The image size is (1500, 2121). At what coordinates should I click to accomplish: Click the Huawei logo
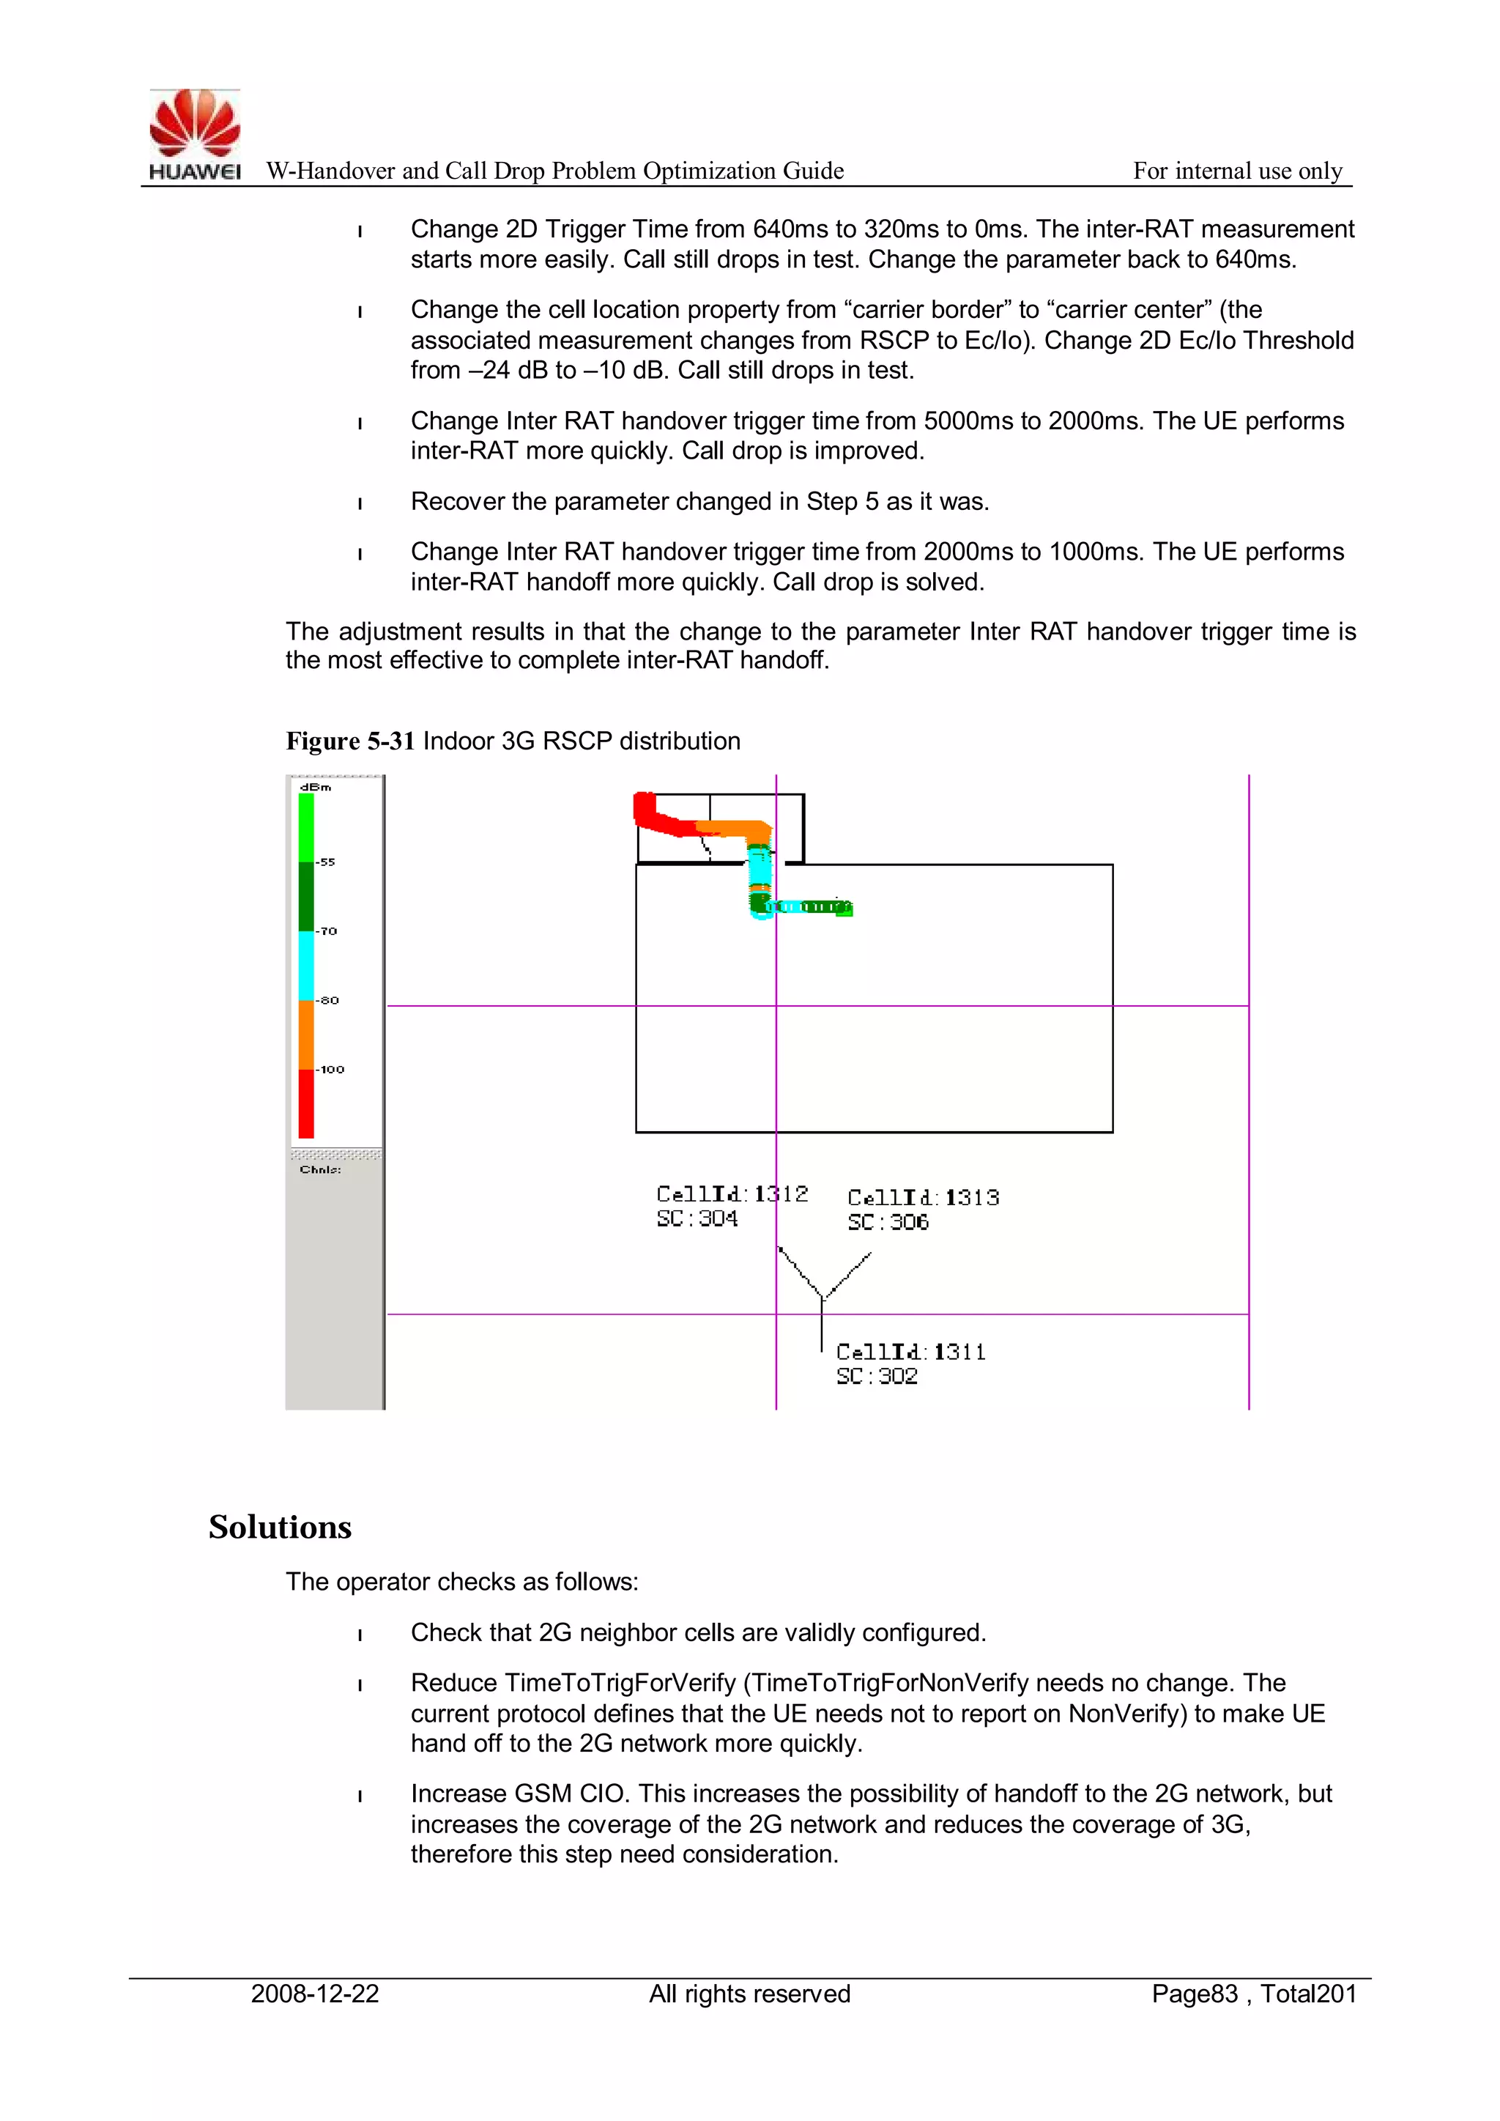point(195,134)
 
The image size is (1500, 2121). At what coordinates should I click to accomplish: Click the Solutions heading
point(280,1527)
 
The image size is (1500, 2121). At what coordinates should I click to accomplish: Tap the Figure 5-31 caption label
point(349,741)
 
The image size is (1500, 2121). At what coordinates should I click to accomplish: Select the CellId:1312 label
point(732,1193)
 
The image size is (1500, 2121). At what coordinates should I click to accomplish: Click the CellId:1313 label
point(923,1197)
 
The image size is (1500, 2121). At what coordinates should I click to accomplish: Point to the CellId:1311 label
point(910,1352)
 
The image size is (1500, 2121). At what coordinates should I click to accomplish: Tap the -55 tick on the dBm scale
point(325,862)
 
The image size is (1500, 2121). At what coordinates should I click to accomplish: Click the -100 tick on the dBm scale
point(330,1069)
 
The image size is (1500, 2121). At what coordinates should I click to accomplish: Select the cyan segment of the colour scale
point(305,966)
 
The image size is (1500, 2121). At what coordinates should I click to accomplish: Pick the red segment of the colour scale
point(305,1103)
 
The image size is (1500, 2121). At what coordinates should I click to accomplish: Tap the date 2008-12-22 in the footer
point(315,1994)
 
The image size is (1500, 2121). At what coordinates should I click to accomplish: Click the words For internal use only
point(1237,171)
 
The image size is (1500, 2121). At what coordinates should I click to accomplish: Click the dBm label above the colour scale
point(315,787)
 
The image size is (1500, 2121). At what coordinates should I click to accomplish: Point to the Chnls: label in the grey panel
point(319,1169)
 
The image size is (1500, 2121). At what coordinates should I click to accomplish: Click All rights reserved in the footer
point(749,1994)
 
